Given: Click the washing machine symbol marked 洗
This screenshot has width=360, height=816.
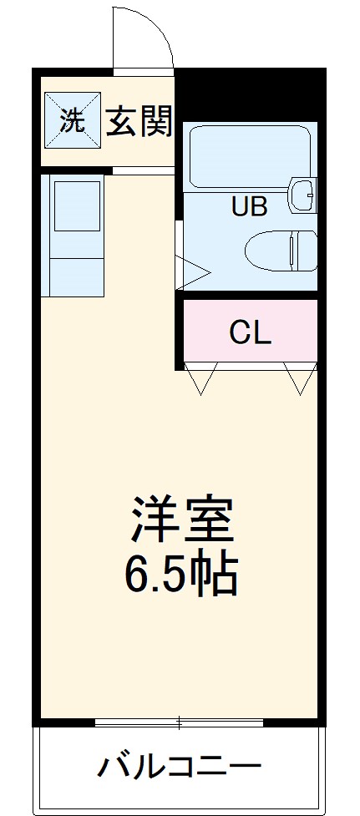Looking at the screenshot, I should pyautogui.click(x=72, y=122).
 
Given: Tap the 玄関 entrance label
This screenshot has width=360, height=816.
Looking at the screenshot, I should pyautogui.click(x=139, y=122).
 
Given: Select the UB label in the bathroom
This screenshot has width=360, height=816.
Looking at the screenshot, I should pyautogui.click(x=249, y=206).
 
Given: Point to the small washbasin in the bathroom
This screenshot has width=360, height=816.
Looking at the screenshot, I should pyautogui.click(x=304, y=195).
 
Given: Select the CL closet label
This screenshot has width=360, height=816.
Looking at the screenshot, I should pyautogui.click(x=251, y=332).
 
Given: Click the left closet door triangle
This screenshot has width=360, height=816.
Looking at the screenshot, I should pyautogui.click(x=201, y=378).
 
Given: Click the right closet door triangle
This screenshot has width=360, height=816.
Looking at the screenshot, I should pyautogui.click(x=299, y=378).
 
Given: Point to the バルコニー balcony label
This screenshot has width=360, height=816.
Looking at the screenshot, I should pyautogui.click(x=180, y=767).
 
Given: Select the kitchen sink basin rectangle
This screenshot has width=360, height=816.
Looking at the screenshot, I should pyautogui.click(x=77, y=205).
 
